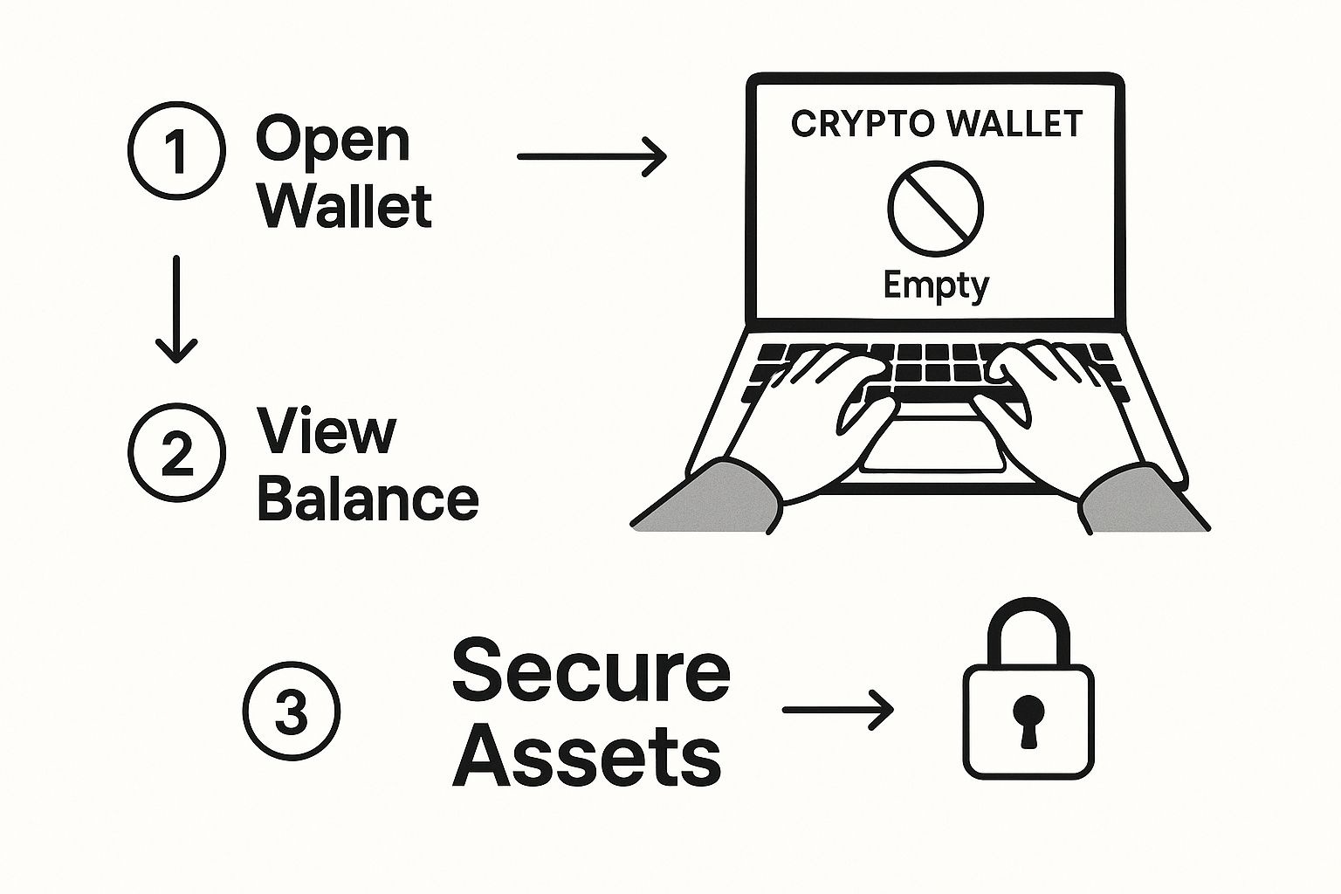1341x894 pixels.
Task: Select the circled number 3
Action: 291,712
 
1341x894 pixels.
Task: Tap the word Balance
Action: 368,499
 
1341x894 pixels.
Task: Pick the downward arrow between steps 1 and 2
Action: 177,309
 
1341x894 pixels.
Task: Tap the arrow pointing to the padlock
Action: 838,711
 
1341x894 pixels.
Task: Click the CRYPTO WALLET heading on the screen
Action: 936,124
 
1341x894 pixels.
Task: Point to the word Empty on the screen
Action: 936,286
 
